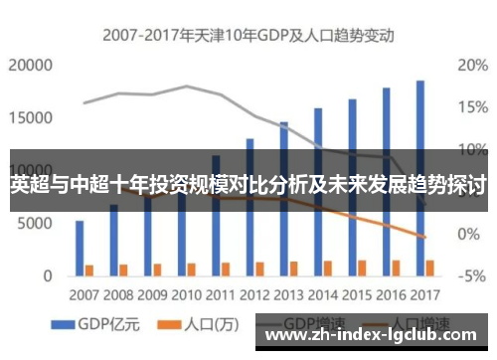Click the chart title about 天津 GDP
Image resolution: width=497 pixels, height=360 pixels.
248,35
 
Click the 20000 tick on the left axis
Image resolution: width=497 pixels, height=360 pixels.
30,66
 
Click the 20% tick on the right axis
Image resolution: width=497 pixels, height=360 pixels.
471,66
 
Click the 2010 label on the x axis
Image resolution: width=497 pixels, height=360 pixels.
185,294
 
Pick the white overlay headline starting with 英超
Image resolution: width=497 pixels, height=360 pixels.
248,185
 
